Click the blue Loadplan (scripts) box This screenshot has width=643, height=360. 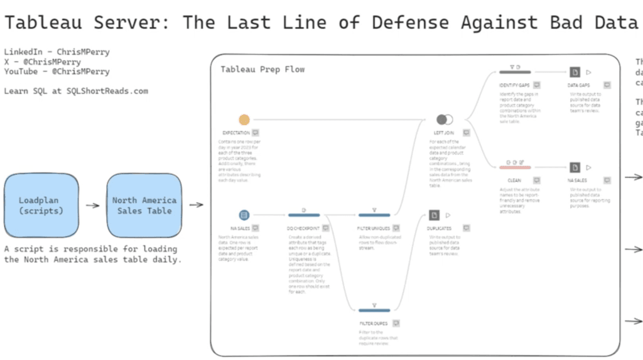[x=38, y=205]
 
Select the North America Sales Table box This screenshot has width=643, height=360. [x=144, y=205]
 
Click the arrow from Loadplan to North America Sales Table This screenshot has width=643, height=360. [x=92, y=205]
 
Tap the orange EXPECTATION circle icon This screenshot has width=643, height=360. [x=244, y=119]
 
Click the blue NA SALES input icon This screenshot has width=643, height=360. [x=244, y=215]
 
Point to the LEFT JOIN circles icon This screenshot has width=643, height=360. [x=445, y=119]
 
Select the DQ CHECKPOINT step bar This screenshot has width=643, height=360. [x=304, y=215]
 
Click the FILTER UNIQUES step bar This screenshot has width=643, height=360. [x=374, y=215]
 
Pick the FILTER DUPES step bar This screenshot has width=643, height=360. [x=374, y=310]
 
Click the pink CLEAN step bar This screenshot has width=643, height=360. [x=515, y=167]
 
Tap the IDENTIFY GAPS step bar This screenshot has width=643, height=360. [x=515, y=72]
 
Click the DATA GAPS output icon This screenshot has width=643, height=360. [x=575, y=72]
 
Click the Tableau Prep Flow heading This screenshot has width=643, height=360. [x=262, y=69]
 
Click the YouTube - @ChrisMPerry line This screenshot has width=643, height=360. [x=57, y=72]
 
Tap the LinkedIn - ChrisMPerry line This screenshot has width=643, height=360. [x=57, y=52]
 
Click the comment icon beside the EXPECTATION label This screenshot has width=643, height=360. [x=256, y=133]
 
